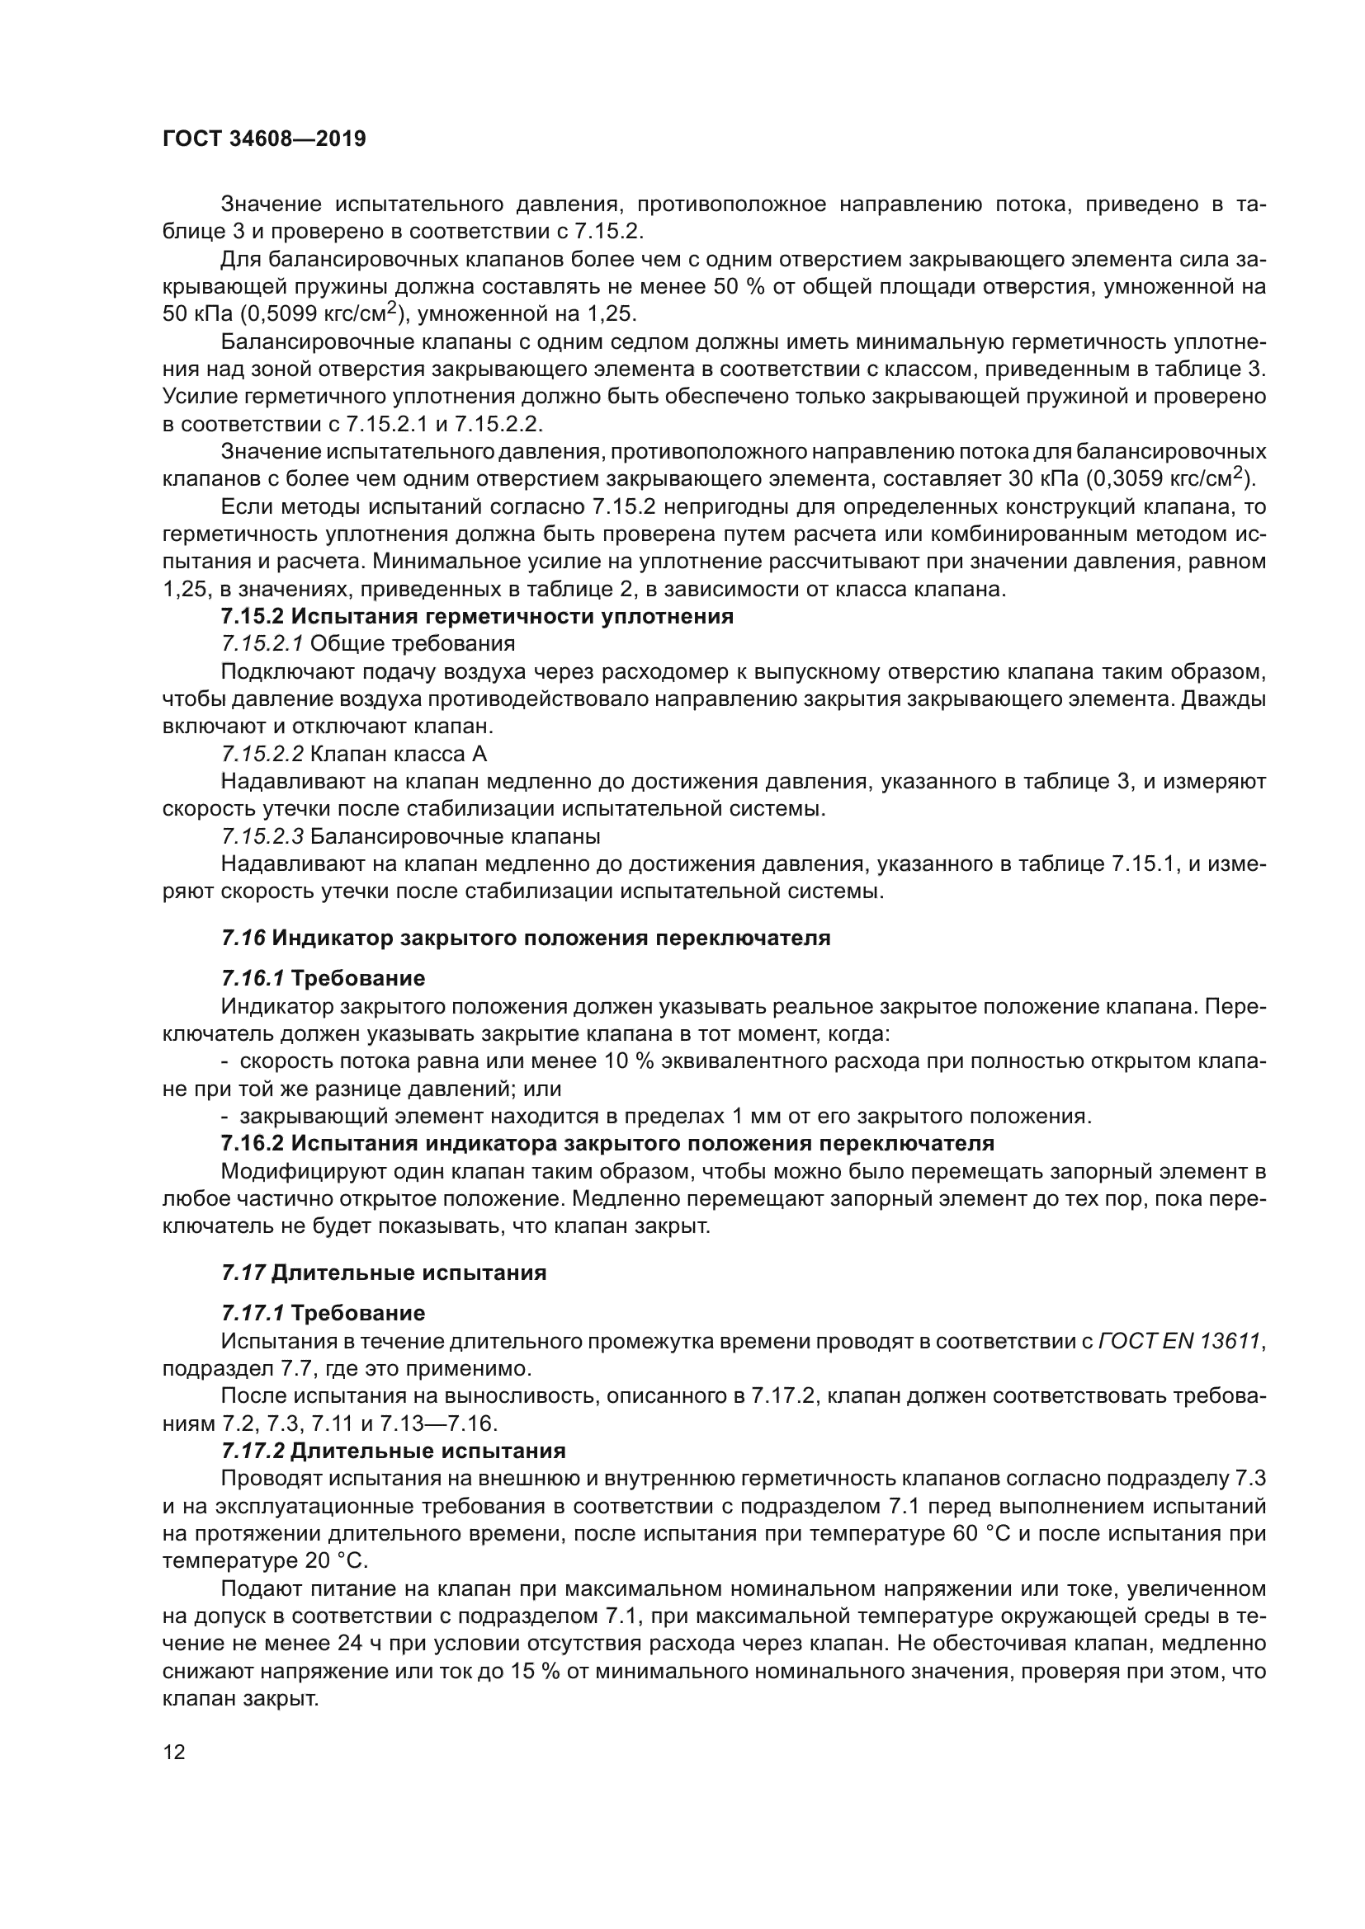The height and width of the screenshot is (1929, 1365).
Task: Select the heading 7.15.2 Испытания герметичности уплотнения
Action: click(x=476, y=617)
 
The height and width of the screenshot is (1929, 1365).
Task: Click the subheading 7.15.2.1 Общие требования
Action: click(x=368, y=644)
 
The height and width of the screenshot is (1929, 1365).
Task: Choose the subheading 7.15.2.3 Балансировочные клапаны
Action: click(x=411, y=837)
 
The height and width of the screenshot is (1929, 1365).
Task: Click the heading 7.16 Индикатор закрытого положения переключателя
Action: click(x=526, y=939)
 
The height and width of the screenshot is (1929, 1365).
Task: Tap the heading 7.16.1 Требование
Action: click(x=323, y=979)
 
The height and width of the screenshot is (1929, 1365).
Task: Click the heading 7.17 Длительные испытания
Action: click(x=383, y=1273)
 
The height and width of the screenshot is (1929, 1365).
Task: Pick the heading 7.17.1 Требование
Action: click(x=323, y=1313)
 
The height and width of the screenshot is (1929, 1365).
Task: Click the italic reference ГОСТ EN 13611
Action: click(x=1179, y=1341)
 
